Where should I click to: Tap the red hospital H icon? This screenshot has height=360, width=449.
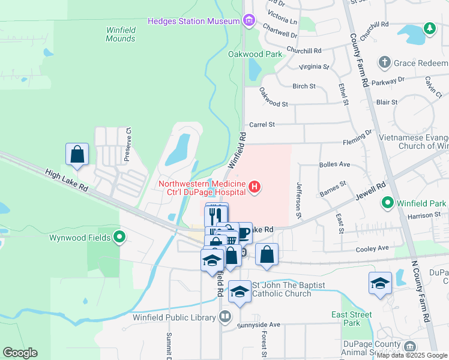pyautogui.click(x=255, y=188)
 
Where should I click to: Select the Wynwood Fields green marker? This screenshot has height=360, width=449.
pyautogui.click(x=119, y=238)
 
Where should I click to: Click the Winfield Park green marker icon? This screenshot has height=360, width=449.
pyautogui.click(x=388, y=204)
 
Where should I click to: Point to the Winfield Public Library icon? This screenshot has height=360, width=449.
pyautogui.click(x=226, y=317)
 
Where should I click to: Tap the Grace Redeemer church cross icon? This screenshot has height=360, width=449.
pyautogui.click(x=385, y=62)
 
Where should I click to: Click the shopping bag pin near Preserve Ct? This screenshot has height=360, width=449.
pyautogui.click(x=77, y=154)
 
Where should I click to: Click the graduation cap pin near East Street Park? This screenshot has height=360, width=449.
pyautogui.click(x=380, y=283)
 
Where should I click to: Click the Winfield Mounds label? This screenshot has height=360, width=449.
pyautogui.click(x=121, y=34)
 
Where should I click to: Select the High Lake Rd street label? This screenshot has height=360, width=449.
pyautogui.click(x=67, y=181)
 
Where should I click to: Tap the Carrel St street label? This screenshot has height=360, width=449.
pyautogui.click(x=262, y=124)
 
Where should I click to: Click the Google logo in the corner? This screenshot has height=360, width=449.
pyautogui.click(x=20, y=353)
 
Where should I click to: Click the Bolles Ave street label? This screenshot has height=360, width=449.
pyautogui.click(x=335, y=164)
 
